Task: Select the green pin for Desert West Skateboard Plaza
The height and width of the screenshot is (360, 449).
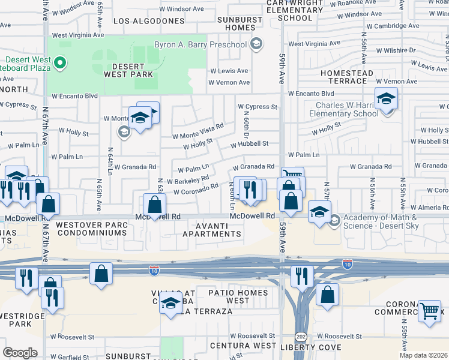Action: point(59,62)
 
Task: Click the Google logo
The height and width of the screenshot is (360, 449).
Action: point(20,353)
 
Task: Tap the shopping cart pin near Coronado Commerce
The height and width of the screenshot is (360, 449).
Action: point(429,311)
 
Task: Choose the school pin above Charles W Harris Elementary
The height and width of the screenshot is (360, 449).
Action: point(386,98)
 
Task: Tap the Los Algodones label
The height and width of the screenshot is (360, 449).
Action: point(149,21)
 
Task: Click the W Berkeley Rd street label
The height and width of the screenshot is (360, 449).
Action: point(188,179)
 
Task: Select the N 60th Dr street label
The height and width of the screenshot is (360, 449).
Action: point(246,126)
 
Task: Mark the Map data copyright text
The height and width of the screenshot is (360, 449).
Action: point(424,355)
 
